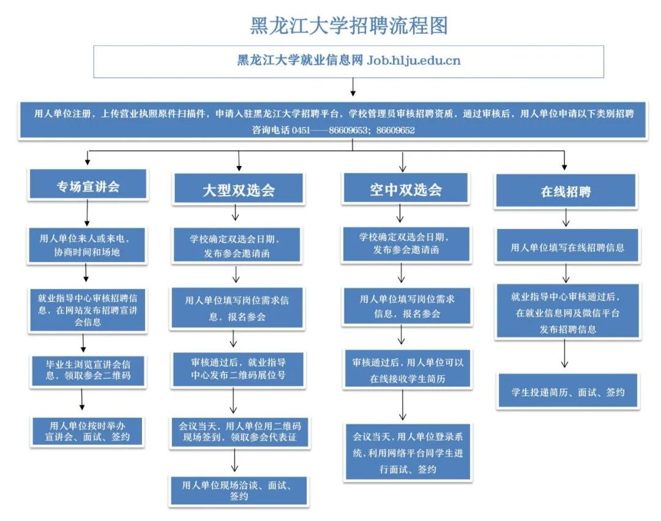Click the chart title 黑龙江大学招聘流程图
pos(349,25)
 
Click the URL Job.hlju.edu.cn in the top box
pos(413,61)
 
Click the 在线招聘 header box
pos(566,192)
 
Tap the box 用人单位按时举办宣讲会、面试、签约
pos(88,430)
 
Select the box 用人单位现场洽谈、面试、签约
pos(239,490)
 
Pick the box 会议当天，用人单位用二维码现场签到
pos(239,432)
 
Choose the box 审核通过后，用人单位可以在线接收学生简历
pos(407,370)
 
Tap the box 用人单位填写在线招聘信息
pos(567,247)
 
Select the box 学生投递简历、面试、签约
pos(567,391)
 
